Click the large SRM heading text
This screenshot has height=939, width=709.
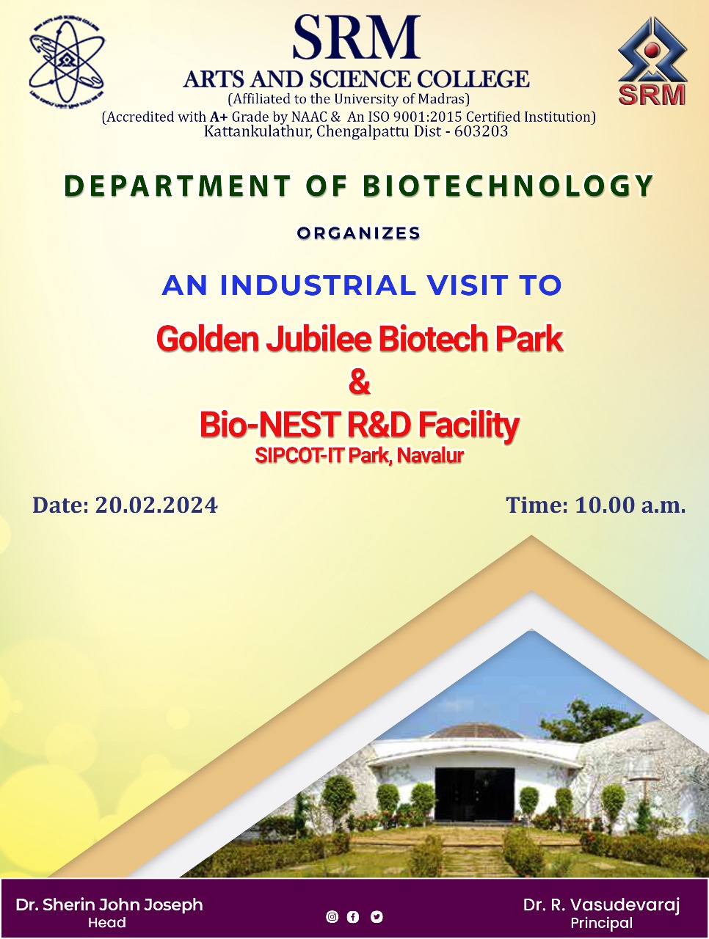[x=356, y=37]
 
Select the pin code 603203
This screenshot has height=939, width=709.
[x=481, y=131]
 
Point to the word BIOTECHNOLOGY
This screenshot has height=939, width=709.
[x=508, y=186]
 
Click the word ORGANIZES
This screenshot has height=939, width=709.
[x=359, y=233]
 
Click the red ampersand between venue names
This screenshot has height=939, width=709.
[x=360, y=382]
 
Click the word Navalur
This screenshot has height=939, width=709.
[x=430, y=455]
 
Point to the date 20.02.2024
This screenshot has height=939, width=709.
[x=156, y=505]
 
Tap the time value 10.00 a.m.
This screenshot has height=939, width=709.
[x=630, y=505]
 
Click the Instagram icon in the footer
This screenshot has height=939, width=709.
[x=332, y=916]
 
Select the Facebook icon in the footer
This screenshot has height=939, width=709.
[x=353, y=916]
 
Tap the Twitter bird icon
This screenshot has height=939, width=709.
[x=377, y=916]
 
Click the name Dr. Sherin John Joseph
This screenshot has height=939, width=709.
[x=109, y=905]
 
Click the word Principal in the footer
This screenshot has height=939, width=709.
[x=602, y=923]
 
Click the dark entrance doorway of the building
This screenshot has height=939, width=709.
[x=475, y=794]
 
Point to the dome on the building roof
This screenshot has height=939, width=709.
[x=475, y=731]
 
